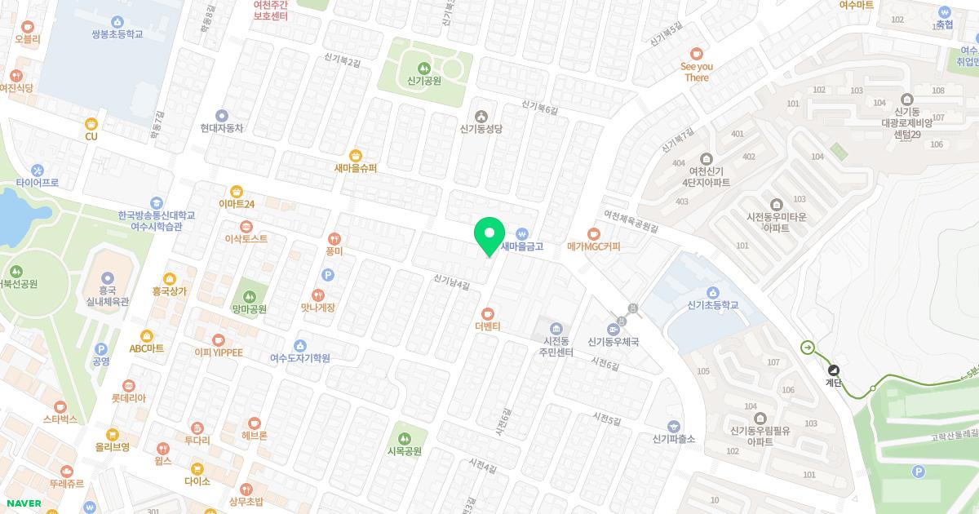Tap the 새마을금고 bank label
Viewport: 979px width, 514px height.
pyautogui.click(x=522, y=246)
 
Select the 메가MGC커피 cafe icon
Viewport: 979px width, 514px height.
pyautogui.click(x=594, y=233)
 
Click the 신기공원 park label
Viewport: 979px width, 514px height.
pyautogui.click(x=423, y=81)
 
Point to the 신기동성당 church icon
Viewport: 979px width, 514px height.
pyautogui.click(x=481, y=115)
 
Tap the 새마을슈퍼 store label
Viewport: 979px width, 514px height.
pyautogui.click(x=356, y=169)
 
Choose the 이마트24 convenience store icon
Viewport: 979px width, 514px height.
pyautogui.click(x=237, y=191)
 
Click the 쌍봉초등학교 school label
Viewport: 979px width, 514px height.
pyautogui.click(x=117, y=34)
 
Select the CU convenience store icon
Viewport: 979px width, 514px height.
pyautogui.click(x=91, y=124)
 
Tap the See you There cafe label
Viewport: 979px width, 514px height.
pyautogui.click(x=697, y=72)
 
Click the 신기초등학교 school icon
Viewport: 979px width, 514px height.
pyautogui.click(x=712, y=293)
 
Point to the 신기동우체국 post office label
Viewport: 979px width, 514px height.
pyautogui.click(x=612, y=342)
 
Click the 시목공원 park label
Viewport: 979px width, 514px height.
pyautogui.click(x=405, y=451)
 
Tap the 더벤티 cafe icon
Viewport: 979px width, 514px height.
pyautogui.click(x=487, y=313)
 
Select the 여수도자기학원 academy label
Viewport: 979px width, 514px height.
pyautogui.click(x=300, y=357)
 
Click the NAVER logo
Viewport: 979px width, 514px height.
pyautogui.click(x=23, y=503)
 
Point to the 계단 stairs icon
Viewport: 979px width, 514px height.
pyautogui.click(x=833, y=368)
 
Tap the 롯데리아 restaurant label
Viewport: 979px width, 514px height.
pyautogui.click(x=128, y=398)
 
